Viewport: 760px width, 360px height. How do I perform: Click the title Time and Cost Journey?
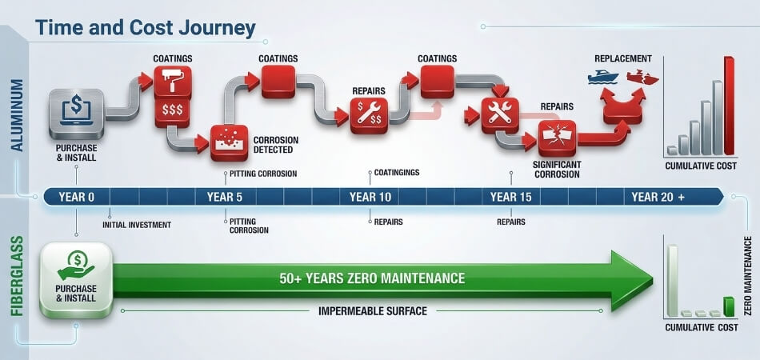click(x=146, y=29)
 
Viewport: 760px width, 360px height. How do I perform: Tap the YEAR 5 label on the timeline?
click(x=225, y=198)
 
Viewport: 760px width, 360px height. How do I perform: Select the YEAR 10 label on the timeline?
click(x=370, y=198)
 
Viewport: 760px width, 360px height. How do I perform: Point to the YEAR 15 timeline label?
click(x=510, y=198)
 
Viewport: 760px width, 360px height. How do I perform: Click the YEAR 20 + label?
click(x=658, y=198)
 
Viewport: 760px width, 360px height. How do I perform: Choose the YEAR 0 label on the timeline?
click(x=77, y=198)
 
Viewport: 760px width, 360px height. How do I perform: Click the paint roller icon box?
click(x=173, y=82)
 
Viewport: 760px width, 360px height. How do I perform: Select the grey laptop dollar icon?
click(x=76, y=114)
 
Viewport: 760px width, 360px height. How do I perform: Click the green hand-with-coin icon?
click(x=76, y=266)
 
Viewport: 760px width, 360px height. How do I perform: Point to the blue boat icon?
click(x=602, y=77)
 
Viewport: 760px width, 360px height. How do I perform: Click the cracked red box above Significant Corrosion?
click(x=558, y=138)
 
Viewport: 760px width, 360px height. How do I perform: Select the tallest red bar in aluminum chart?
click(x=729, y=106)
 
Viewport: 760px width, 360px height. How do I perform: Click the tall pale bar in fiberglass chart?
click(x=672, y=281)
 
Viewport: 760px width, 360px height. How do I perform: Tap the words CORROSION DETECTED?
click(x=276, y=145)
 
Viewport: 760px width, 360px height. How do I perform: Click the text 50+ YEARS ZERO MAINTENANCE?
click(x=372, y=278)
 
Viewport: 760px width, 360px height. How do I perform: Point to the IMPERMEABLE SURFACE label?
click(x=373, y=311)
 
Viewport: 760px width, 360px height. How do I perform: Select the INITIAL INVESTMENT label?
click(x=137, y=225)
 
